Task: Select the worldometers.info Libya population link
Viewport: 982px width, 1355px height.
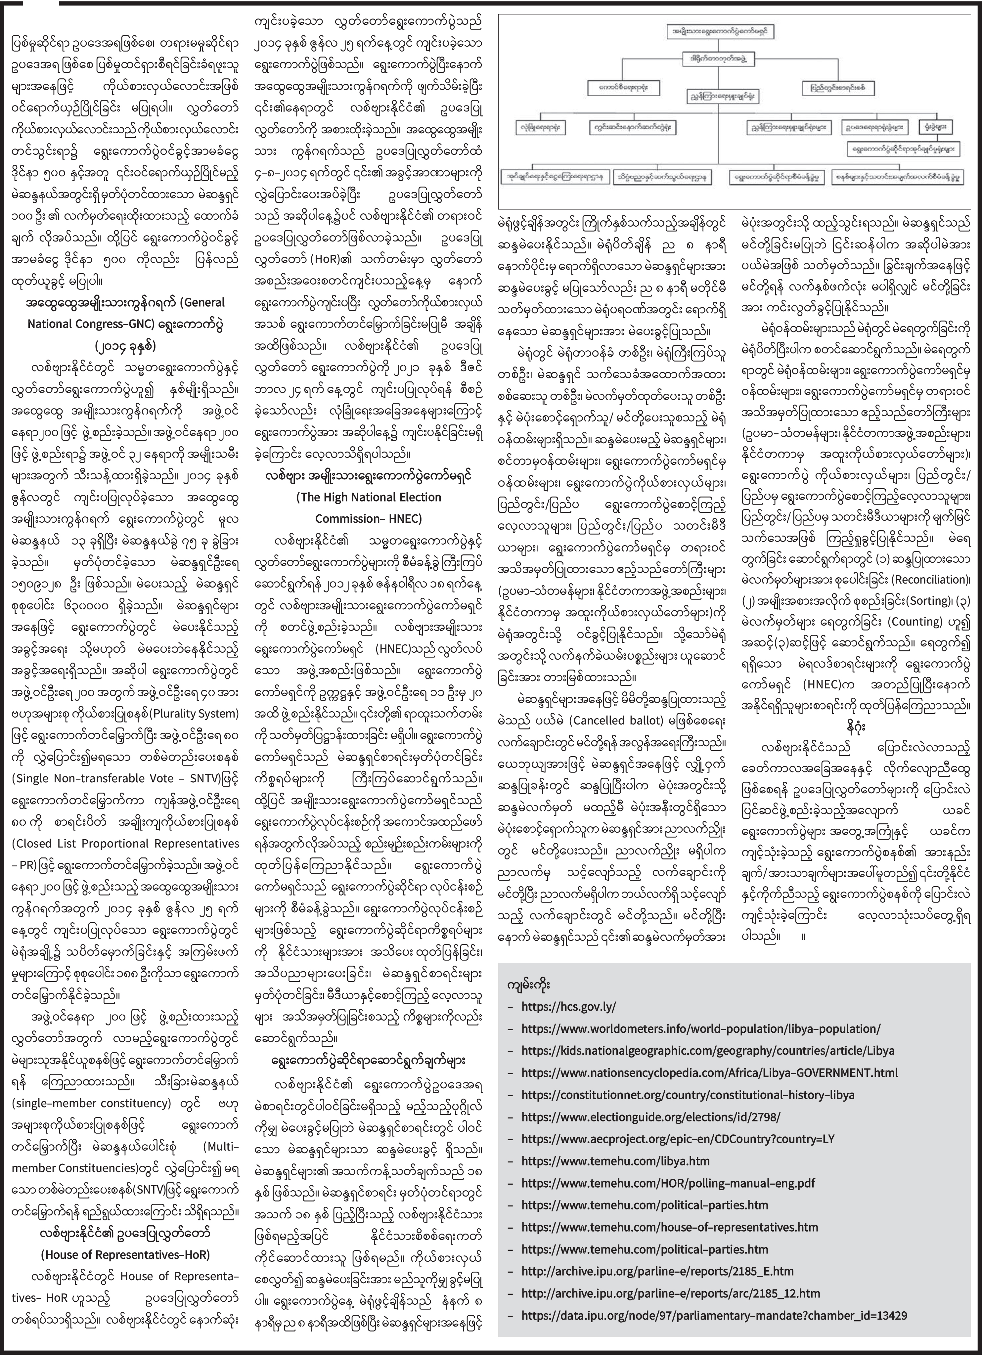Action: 700,1029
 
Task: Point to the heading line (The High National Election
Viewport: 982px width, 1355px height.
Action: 369,497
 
